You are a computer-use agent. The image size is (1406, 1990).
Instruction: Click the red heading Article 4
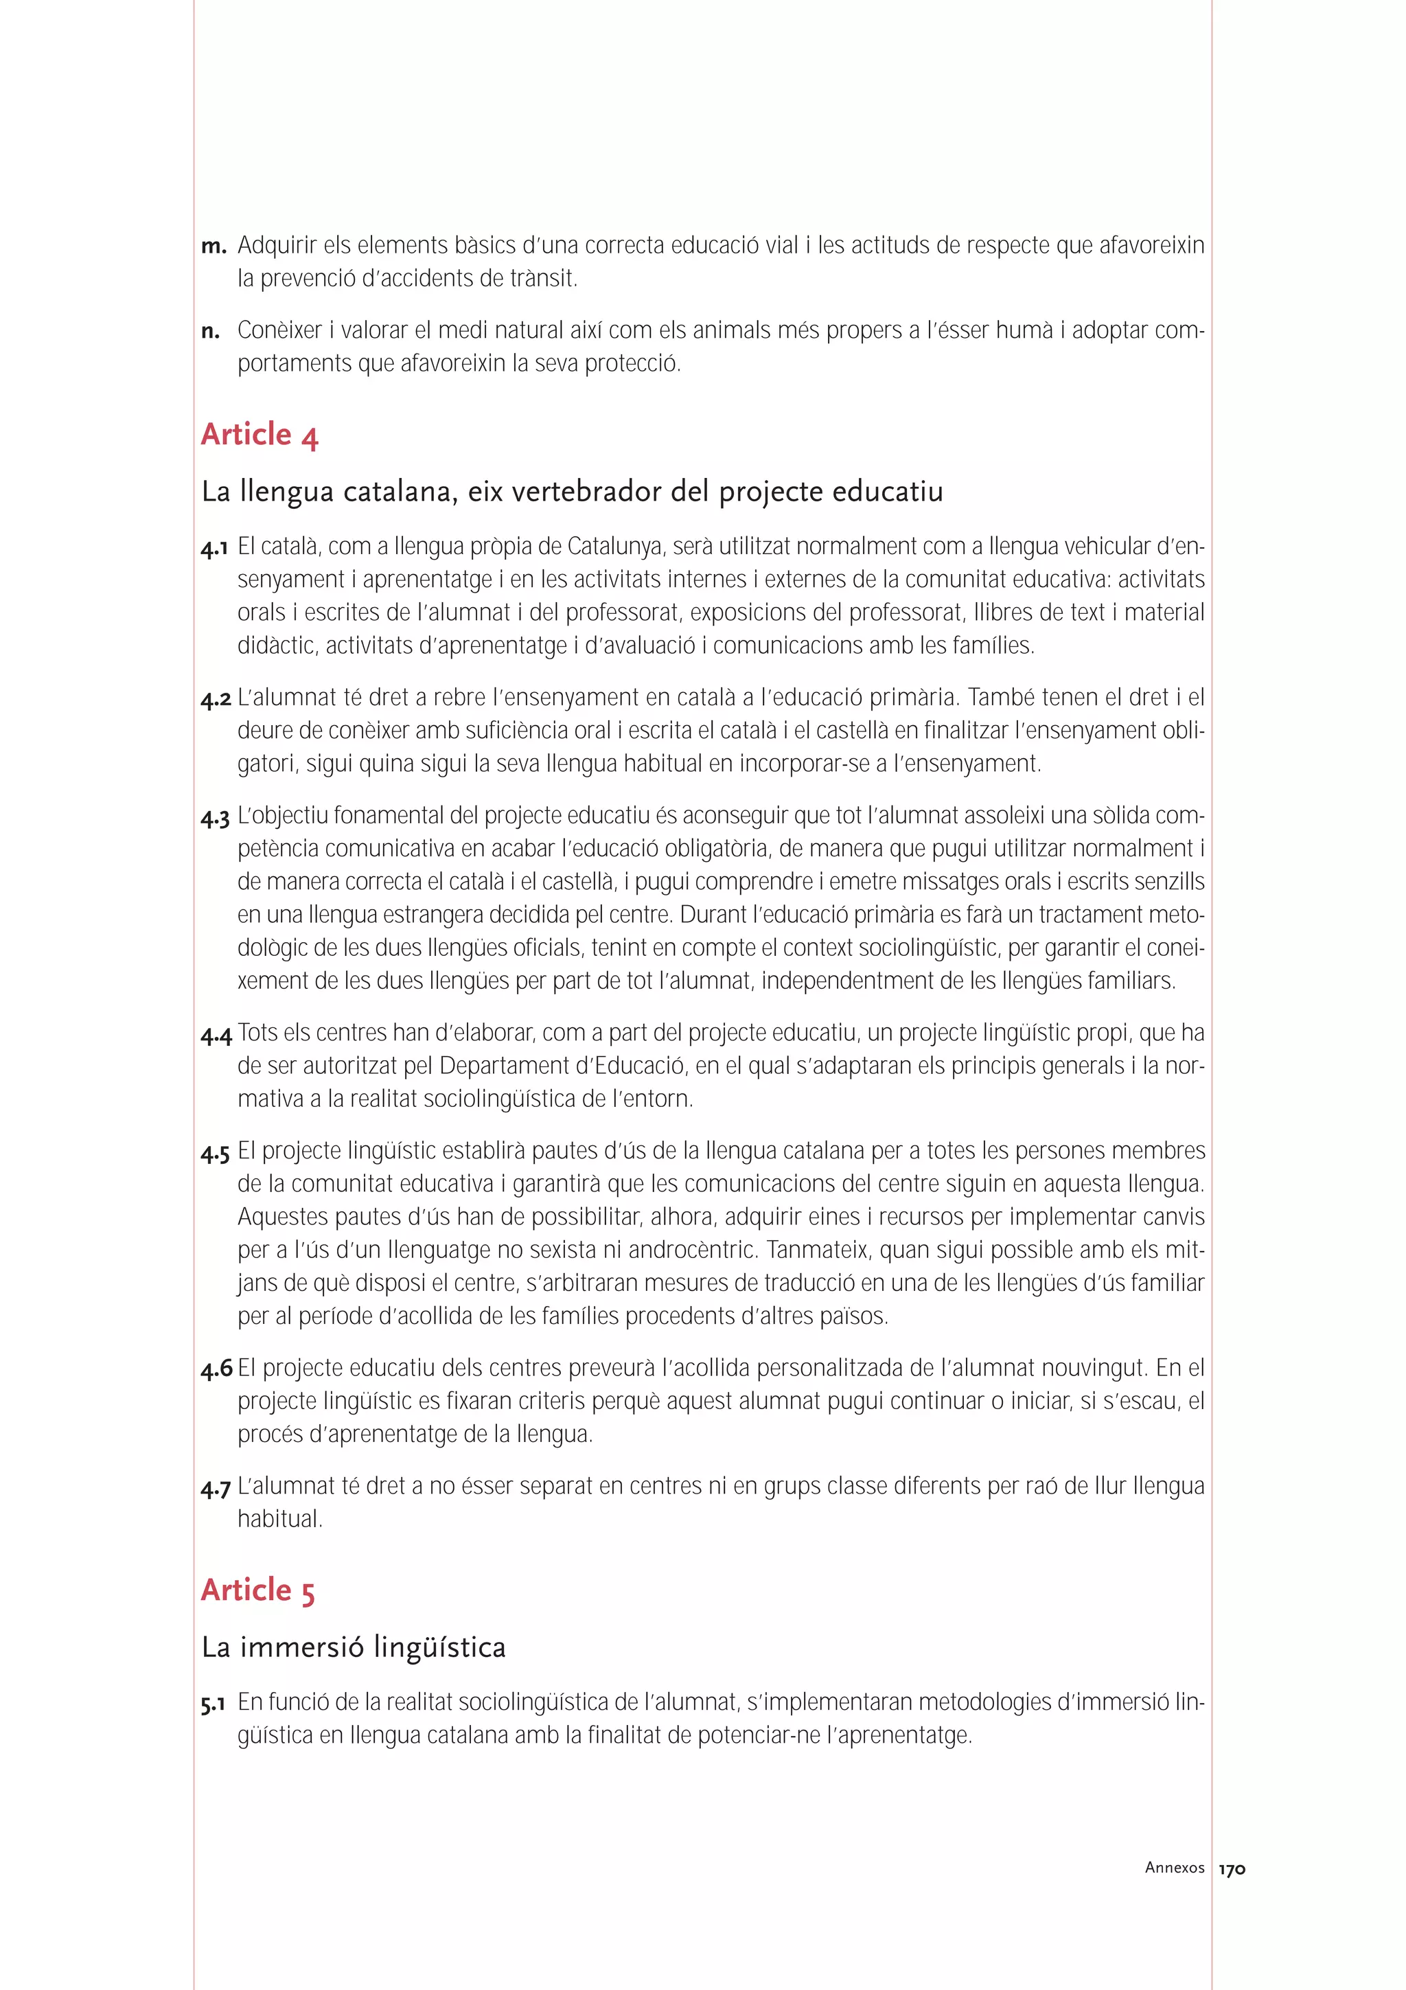(259, 434)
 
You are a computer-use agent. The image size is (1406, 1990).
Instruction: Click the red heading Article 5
(257, 1590)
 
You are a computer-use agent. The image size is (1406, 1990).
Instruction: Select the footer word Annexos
(1174, 1868)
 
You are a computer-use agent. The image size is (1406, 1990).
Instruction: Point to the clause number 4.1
(214, 548)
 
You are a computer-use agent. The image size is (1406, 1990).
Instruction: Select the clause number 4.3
(215, 817)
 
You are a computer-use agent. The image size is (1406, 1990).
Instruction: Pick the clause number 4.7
(215, 1488)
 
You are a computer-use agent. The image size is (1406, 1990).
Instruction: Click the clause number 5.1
(213, 1703)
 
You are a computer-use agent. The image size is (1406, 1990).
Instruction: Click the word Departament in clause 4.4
(496, 1066)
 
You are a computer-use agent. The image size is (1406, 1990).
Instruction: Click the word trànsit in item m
(543, 279)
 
